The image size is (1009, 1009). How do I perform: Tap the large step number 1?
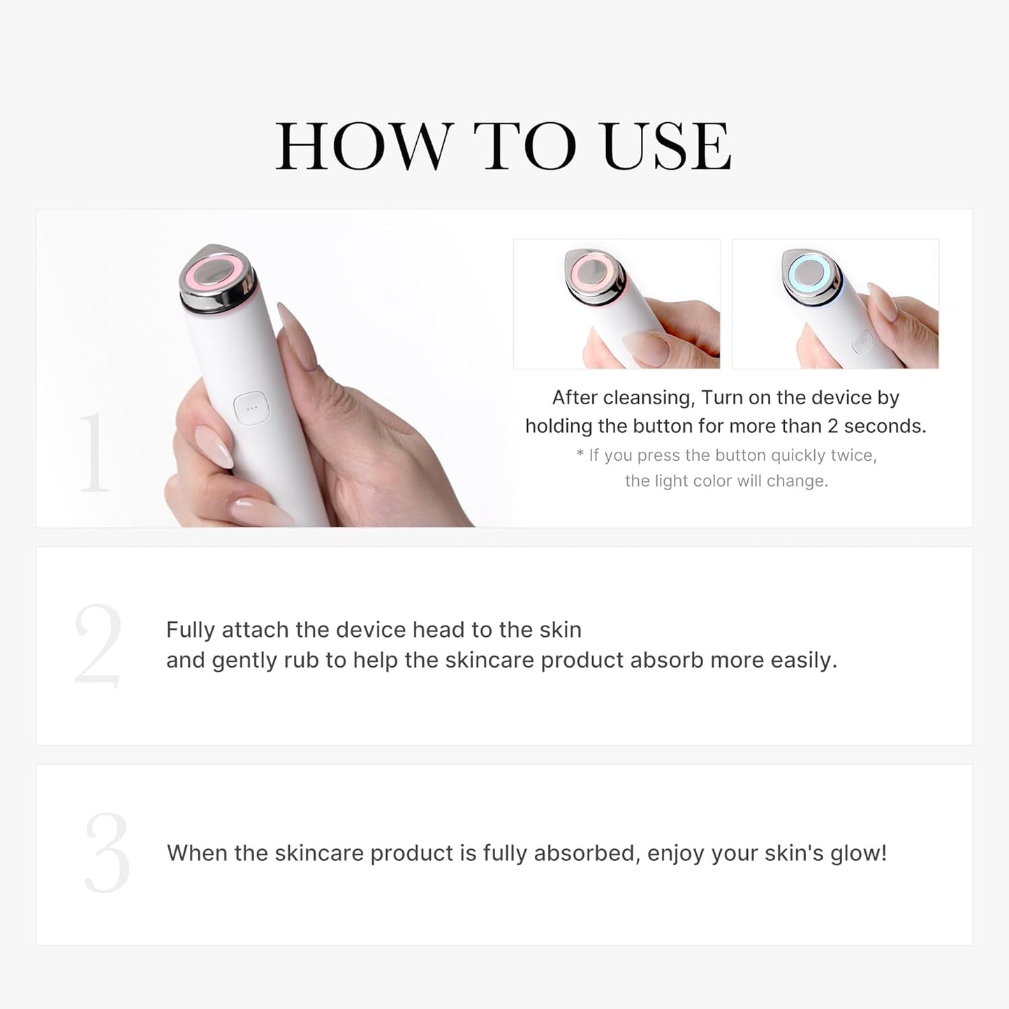94,453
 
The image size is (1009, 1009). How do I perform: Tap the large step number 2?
98,645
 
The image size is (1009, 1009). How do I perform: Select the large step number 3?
107,853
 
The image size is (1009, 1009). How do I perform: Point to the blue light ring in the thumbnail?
812,274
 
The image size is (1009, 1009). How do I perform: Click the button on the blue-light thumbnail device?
864,343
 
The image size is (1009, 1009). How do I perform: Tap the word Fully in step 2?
191,630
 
